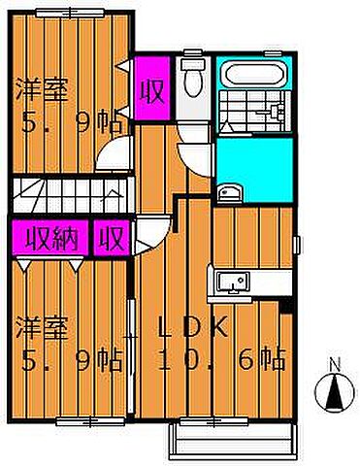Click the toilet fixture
tap(191, 78)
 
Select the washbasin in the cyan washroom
tap(226, 190)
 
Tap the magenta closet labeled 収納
tap(50, 238)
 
